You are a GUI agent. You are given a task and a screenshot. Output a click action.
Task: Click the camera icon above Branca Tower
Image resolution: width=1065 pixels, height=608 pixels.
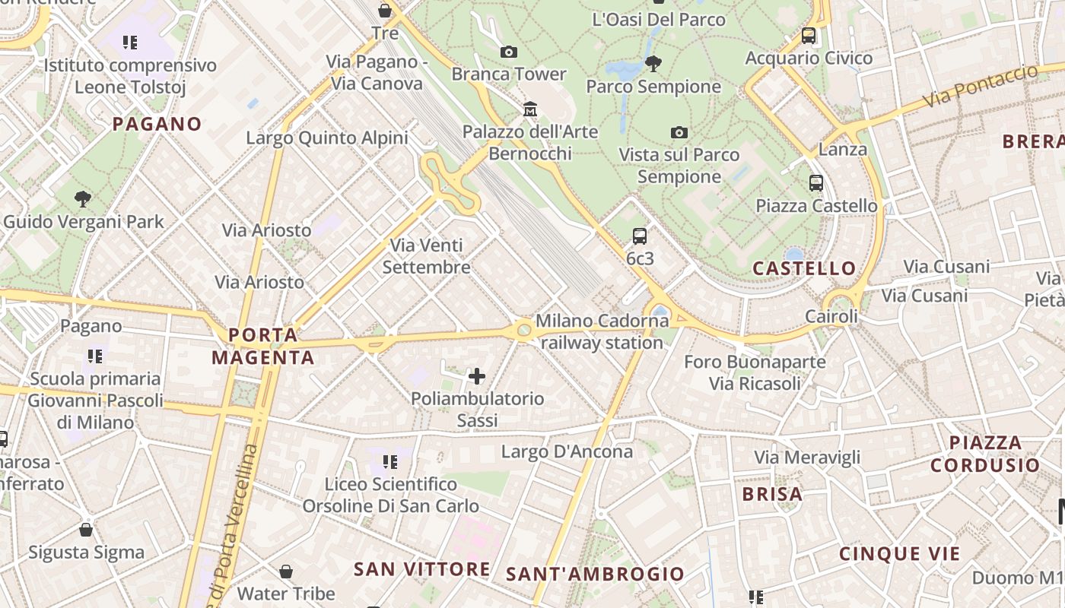(509, 52)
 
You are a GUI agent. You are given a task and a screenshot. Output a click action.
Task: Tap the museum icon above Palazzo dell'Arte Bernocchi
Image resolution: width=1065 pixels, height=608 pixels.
(530, 109)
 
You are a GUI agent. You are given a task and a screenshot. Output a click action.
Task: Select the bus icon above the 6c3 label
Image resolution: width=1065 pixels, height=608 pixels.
(640, 236)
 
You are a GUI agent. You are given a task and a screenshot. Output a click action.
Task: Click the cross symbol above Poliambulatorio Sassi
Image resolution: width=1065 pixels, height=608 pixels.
(477, 376)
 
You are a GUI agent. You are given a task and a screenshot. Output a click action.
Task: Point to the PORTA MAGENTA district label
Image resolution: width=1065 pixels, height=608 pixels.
(263, 346)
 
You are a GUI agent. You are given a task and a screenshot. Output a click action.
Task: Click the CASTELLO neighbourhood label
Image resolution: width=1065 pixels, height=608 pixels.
(804, 268)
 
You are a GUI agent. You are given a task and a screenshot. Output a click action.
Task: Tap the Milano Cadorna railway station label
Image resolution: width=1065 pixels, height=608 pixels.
(601, 332)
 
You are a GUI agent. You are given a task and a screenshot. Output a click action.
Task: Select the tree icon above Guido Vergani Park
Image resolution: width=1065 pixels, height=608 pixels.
(83, 199)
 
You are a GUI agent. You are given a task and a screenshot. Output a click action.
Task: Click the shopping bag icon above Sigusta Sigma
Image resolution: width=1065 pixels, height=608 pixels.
(86, 530)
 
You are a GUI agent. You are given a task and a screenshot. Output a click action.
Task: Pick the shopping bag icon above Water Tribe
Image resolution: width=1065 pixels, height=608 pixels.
(286, 571)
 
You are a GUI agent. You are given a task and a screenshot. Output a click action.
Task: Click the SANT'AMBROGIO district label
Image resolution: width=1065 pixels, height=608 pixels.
(595, 574)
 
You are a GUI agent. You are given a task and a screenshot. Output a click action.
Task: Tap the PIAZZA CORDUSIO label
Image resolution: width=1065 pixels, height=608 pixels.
(985, 454)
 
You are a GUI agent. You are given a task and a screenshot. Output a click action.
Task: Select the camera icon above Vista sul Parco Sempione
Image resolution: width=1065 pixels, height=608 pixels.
(679, 133)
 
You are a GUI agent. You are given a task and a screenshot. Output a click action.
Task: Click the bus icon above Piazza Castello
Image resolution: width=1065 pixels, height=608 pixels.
(816, 183)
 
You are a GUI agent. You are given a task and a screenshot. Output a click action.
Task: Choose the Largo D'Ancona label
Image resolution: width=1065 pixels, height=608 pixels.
(567, 452)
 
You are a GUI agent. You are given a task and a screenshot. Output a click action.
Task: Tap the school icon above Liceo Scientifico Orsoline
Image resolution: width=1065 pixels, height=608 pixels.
(390, 461)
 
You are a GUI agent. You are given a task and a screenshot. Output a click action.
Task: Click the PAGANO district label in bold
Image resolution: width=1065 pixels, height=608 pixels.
(157, 124)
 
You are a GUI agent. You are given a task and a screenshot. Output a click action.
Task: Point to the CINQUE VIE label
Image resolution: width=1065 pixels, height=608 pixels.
(900, 554)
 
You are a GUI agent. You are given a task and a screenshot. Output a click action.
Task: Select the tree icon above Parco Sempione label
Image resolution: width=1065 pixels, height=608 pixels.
(653, 63)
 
